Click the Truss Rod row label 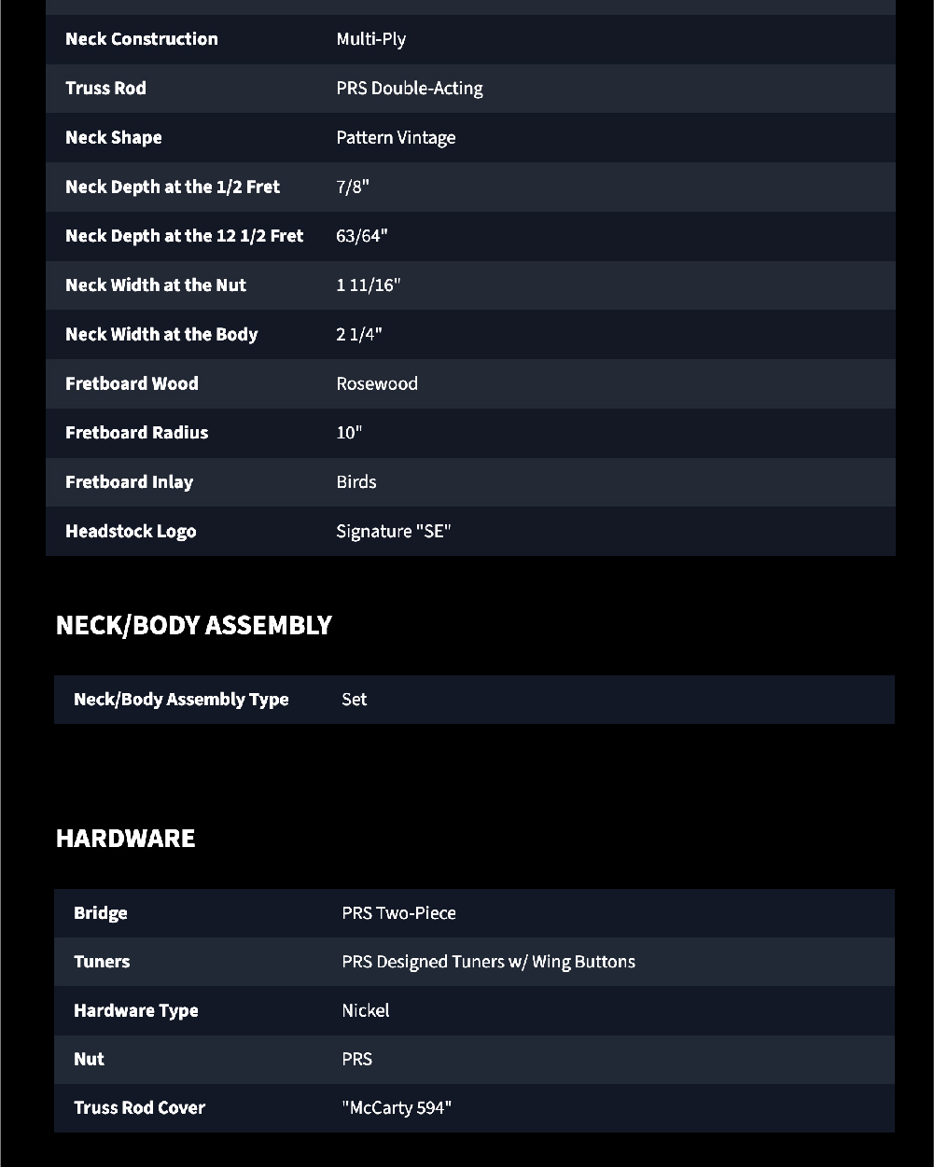tap(105, 89)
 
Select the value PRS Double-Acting tap(409, 89)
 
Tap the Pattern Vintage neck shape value tap(396, 138)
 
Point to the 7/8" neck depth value tap(353, 187)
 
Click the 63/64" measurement tap(361, 236)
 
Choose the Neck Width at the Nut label tap(156, 285)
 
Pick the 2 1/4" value tap(359, 335)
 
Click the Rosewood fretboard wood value tap(377, 383)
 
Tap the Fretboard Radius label tap(136, 433)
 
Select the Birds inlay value tap(356, 482)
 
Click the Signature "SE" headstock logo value tap(393, 532)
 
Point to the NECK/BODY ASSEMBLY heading tap(193, 625)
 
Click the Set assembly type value tap(354, 700)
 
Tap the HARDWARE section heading tap(125, 838)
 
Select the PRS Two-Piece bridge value tap(398, 913)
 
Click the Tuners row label tap(102, 962)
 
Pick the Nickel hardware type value tap(365, 1010)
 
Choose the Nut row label tap(89, 1059)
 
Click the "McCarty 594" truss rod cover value tap(397, 1108)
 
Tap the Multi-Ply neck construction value tap(370, 39)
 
